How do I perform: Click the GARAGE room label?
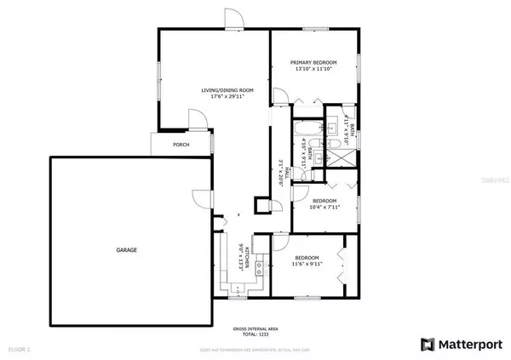[x=127, y=250]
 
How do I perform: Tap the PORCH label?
[x=181, y=145]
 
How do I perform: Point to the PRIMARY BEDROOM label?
[x=313, y=63]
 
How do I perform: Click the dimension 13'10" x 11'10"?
[x=313, y=70]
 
